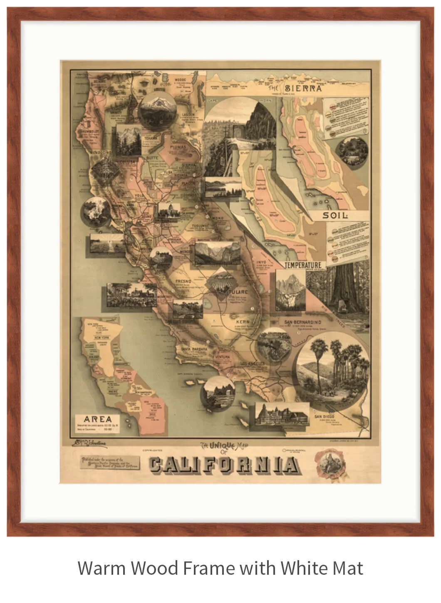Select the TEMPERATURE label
tap(303, 265)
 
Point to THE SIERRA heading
tap(295, 88)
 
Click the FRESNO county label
tap(183, 281)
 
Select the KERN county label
tap(243, 322)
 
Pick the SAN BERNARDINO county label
tap(303, 322)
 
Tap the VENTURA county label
tap(222, 357)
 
